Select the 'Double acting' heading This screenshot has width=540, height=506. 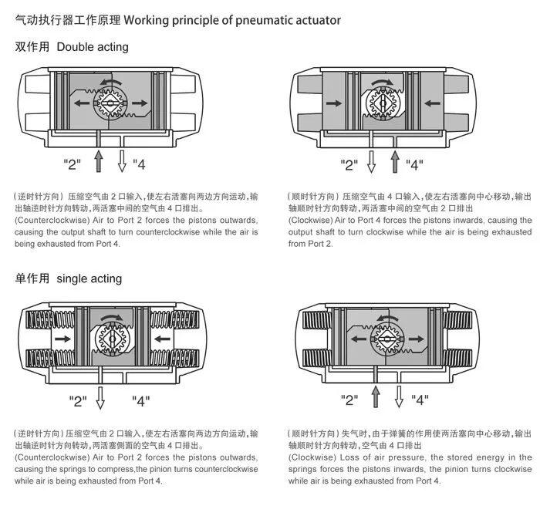[x=93, y=47]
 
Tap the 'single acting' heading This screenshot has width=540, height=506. [x=89, y=278]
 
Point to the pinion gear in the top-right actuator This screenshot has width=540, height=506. [x=383, y=101]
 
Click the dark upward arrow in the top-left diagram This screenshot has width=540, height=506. [x=98, y=162]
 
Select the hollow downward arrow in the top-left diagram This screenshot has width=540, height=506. [x=122, y=162]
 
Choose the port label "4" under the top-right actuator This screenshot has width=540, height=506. [x=415, y=164]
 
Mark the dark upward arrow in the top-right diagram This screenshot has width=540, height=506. [x=395, y=162]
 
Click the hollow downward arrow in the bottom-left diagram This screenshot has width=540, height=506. [x=100, y=398]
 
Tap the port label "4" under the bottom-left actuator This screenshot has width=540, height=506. [x=141, y=400]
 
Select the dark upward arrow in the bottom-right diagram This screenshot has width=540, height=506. [x=376, y=397]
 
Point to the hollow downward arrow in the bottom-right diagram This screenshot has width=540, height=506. [x=399, y=397]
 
